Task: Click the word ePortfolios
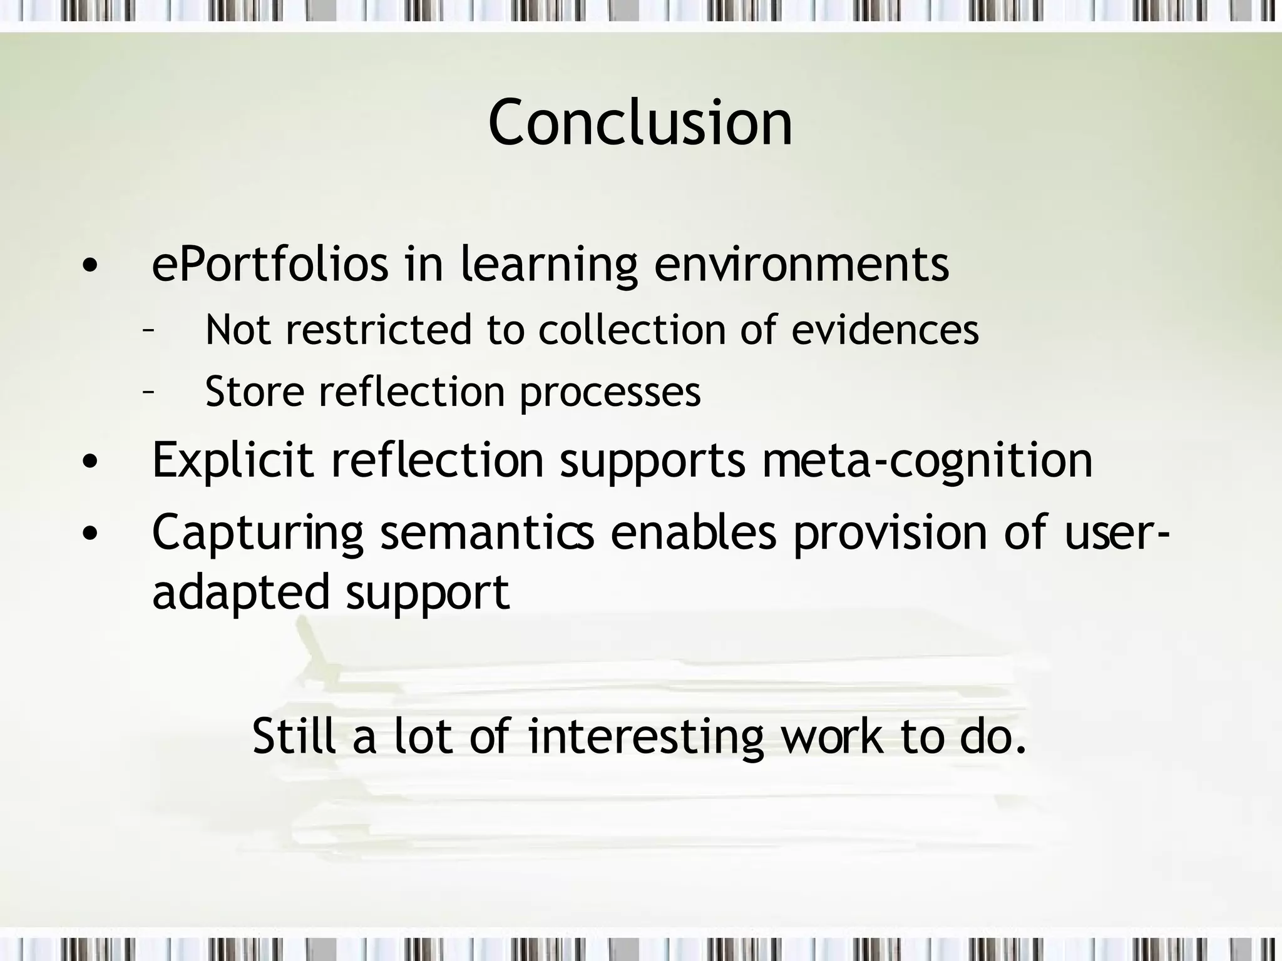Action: pos(270,265)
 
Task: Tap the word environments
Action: pos(801,265)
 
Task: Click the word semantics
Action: pos(487,532)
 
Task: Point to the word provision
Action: pos(890,533)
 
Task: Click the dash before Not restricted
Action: pos(148,330)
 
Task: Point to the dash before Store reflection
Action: pos(148,393)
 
